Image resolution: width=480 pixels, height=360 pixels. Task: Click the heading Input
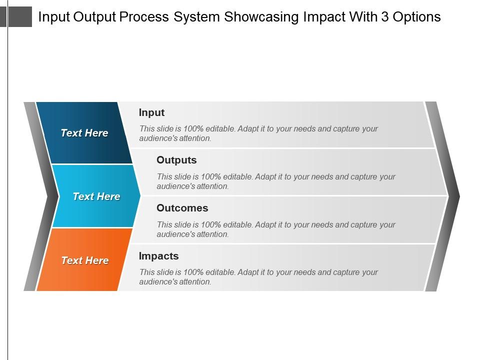pos(151,113)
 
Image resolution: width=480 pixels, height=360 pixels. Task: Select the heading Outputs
pos(176,160)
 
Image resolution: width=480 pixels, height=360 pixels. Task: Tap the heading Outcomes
pos(182,208)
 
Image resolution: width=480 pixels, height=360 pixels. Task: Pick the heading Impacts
pos(158,256)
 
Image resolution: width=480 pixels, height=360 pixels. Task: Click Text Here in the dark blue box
pos(84,133)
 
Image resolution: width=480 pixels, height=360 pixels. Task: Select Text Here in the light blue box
pos(96,196)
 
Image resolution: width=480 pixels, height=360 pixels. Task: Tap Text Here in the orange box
pos(84,260)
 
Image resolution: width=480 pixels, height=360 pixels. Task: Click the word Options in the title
pos(416,17)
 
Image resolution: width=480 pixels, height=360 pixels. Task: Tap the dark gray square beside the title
pos(20,17)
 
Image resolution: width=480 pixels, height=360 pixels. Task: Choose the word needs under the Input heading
pos(304,129)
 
